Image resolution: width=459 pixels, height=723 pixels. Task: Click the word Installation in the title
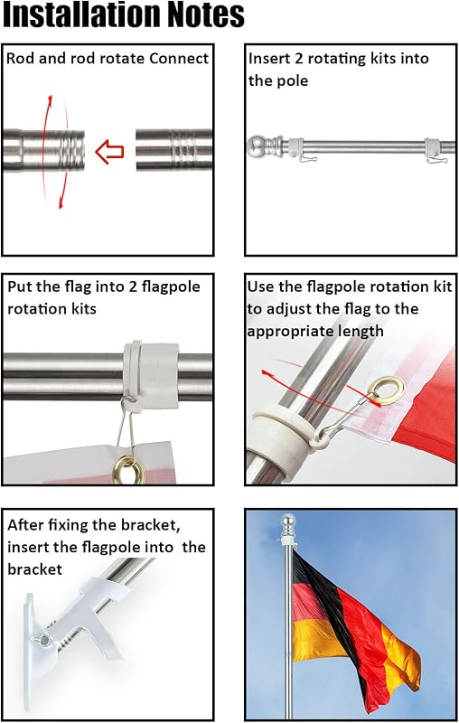pyautogui.click(x=81, y=14)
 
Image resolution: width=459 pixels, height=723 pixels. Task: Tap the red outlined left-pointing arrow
pyautogui.click(x=109, y=152)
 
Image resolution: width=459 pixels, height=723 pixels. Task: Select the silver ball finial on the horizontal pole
pyautogui.click(x=258, y=147)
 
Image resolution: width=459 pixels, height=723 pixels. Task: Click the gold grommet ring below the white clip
pyautogui.click(x=128, y=469)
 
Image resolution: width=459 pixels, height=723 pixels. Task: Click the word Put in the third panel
pyautogui.click(x=20, y=286)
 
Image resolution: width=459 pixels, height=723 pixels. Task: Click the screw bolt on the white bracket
pyautogui.click(x=43, y=640)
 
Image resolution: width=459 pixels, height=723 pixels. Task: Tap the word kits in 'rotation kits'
pyautogui.click(x=83, y=309)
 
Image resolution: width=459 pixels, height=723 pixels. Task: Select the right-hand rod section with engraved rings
pyautogui.click(x=173, y=150)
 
